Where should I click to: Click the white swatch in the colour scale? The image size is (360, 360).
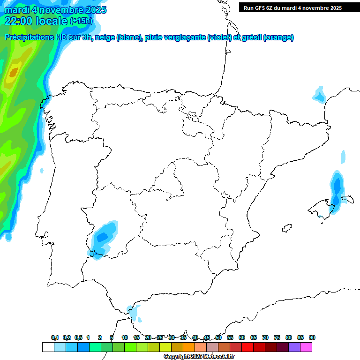click(48, 347)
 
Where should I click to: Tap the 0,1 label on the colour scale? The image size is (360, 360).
click(55, 337)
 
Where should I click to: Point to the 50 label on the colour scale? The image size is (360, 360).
click(218, 337)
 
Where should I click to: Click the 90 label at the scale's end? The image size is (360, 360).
click(312, 337)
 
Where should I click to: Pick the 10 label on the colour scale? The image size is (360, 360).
click(125, 337)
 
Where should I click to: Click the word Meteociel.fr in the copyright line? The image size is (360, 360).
click(219, 357)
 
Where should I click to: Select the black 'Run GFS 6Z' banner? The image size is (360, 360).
click(299, 8)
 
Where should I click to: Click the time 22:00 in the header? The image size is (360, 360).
click(18, 21)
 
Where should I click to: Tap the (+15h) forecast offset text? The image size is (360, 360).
click(81, 21)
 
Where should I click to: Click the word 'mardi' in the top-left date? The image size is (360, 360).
click(17, 9)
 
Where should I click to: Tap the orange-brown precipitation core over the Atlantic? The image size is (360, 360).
click(13, 72)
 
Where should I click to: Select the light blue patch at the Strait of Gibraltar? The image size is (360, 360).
click(135, 313)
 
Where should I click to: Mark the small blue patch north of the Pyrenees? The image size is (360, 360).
click(320, 95)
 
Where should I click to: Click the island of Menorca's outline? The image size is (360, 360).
click(347, 199)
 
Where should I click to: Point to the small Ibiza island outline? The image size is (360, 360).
click(287, 229)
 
